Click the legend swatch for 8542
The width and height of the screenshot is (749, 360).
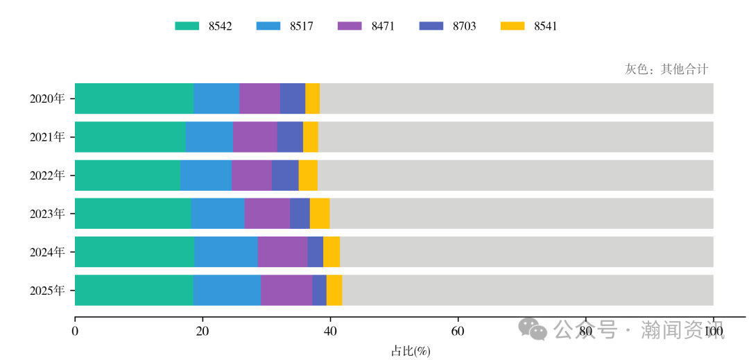pos(187,26)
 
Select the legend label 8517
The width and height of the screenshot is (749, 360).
pos(301,26)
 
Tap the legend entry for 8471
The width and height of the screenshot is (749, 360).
pos(383,26)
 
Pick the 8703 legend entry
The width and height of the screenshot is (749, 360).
pos(464,26)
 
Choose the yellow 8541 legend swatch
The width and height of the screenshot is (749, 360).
pos(512,26)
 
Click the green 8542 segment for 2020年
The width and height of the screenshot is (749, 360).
pos(134,98)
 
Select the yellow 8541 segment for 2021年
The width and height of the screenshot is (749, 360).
pos(310,137)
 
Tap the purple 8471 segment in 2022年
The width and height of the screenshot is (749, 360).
pos(251,175)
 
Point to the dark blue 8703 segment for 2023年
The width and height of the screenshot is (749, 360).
pos(300,213)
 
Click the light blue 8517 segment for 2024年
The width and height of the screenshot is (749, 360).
pos(225,251)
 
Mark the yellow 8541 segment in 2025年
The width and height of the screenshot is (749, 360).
pos(334,290)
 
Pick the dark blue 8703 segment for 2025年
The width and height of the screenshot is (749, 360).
pos(319,290)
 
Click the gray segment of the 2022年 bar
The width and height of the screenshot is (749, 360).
pos(515,175)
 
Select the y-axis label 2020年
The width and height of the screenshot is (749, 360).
pos(47,98)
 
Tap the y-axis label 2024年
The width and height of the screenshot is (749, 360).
pos(47,252)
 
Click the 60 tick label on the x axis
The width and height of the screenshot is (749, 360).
pos(458,332)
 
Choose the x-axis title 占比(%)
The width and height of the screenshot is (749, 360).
pos(411,351)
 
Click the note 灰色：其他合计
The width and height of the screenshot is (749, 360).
pos(666,69)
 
